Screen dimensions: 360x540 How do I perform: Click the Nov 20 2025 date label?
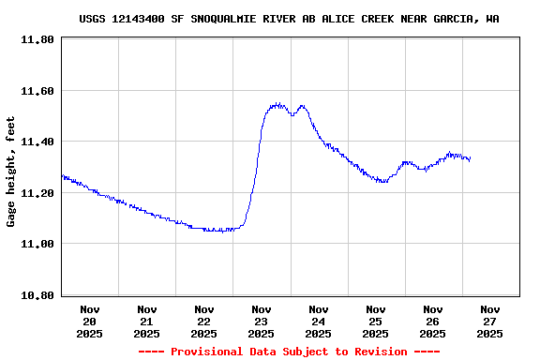90,321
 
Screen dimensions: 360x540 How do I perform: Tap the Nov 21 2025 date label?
147,321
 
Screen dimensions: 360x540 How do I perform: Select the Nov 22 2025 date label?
204,321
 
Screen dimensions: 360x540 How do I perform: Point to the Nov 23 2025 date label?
262,321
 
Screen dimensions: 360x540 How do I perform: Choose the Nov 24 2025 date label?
319,321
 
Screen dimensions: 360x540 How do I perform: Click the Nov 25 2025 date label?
376,321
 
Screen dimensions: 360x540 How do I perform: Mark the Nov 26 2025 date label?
433,321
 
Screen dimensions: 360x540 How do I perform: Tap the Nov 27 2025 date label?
490,321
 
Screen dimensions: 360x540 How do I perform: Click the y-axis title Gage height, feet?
11,172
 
